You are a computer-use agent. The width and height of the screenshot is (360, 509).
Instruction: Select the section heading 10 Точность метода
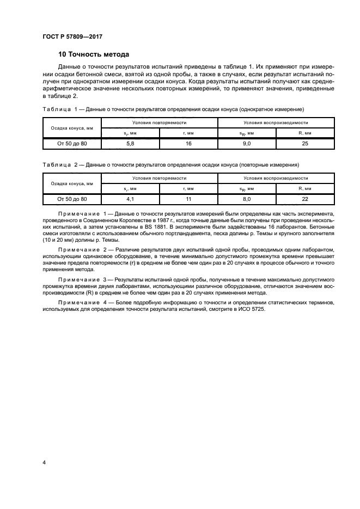pos(94,55)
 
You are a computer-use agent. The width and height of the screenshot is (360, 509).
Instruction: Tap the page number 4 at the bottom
pos(44,462)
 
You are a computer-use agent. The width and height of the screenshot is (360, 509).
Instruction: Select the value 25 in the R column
pos(305,143)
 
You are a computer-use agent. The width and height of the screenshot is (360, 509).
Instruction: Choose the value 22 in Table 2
pos(305,199)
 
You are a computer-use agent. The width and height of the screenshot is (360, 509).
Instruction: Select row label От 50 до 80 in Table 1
pos(72,143)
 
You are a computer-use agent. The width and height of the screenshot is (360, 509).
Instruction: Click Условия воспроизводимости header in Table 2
pos(276,179)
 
